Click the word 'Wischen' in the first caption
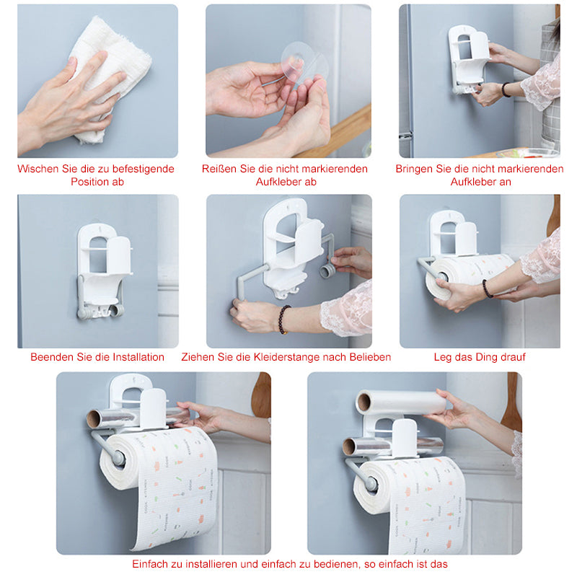pos(38,169)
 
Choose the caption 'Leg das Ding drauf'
pos(480,357)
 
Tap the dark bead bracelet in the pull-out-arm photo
pos(283,320)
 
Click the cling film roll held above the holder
pos(400,402)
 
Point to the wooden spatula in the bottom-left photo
pos(262,395)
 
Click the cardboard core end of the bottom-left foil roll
pos(94,419)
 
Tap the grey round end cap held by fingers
pos(327,271)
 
